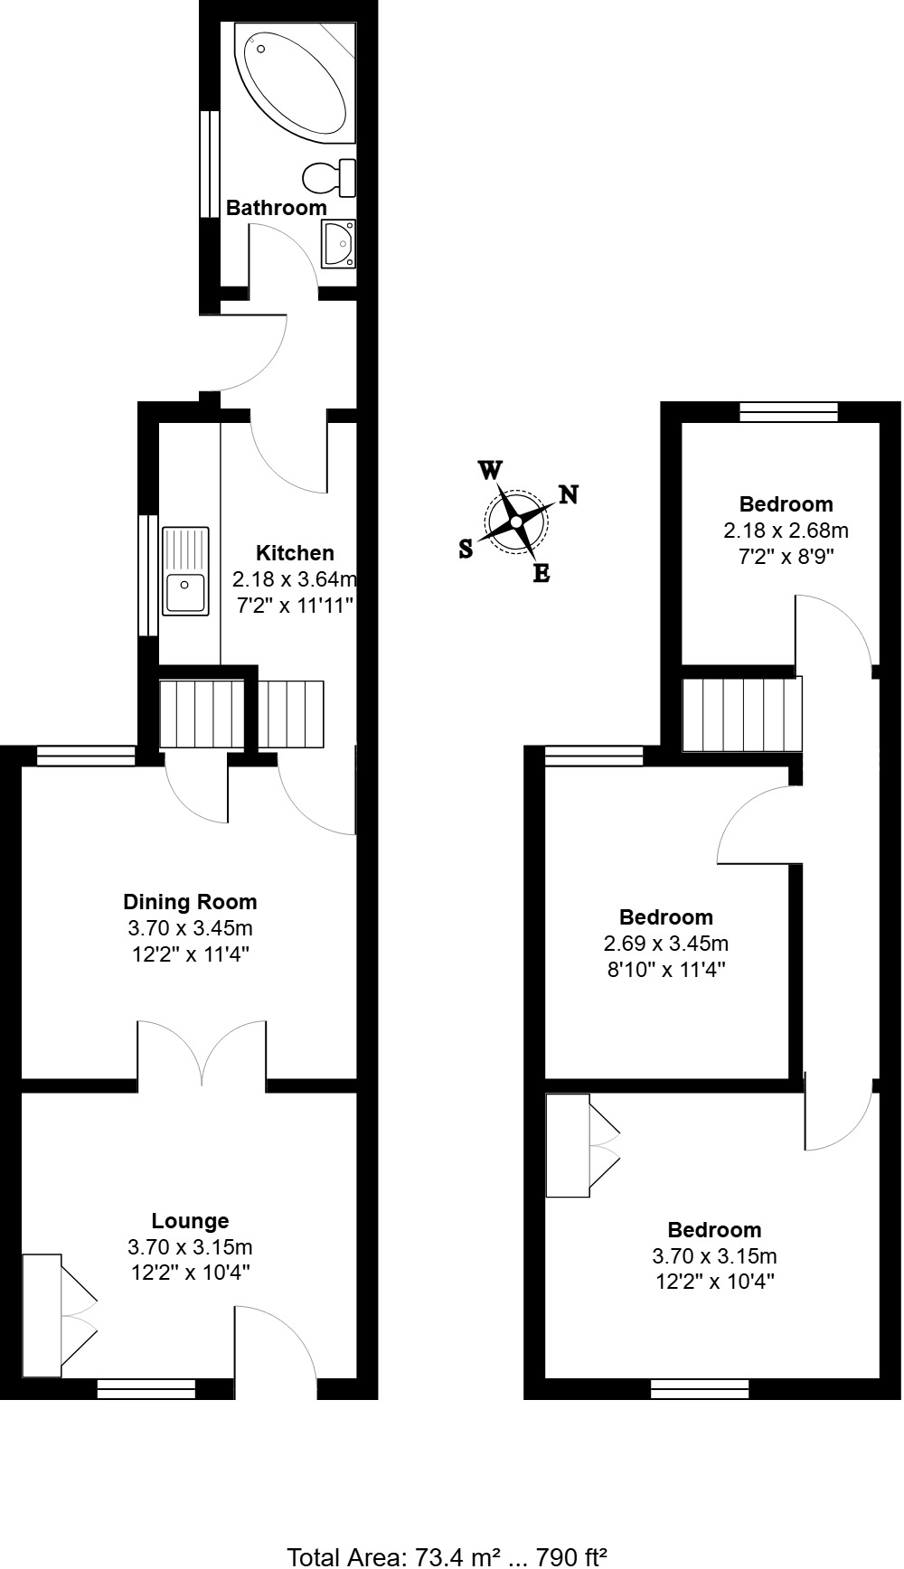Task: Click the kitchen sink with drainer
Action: point(185,571)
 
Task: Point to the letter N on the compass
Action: point(569,494)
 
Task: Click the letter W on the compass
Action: point(489,470)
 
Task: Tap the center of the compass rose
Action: point(515,521)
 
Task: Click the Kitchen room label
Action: point(295,553)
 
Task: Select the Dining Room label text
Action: point(190,901)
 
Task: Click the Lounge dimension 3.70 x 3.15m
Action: point(190,1247)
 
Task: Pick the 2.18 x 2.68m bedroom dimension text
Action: point(786,530)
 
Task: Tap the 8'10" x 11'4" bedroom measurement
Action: point(666,970)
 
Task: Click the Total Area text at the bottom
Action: point(447,1556)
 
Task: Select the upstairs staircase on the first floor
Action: point(741,715)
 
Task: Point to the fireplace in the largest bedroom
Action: point(582,1145)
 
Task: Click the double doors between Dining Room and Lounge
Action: point(202,1053)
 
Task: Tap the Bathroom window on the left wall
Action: point(210,164)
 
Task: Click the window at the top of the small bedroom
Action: point(788,413)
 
